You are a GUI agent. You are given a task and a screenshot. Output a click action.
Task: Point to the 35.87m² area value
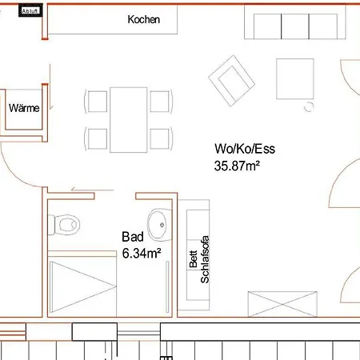(x=238, y=166)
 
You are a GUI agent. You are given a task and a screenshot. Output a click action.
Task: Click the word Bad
(x=132, y=237)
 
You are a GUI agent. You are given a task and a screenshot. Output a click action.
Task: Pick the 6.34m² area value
(x=142, y=253)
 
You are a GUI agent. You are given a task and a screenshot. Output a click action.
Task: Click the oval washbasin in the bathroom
(x=159, y=224)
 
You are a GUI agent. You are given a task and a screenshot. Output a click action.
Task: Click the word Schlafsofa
(x=205, y=261)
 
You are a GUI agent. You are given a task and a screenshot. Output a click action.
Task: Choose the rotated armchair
(x=230, y=82)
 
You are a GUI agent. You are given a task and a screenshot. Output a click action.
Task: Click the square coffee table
(x=298, y=79)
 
